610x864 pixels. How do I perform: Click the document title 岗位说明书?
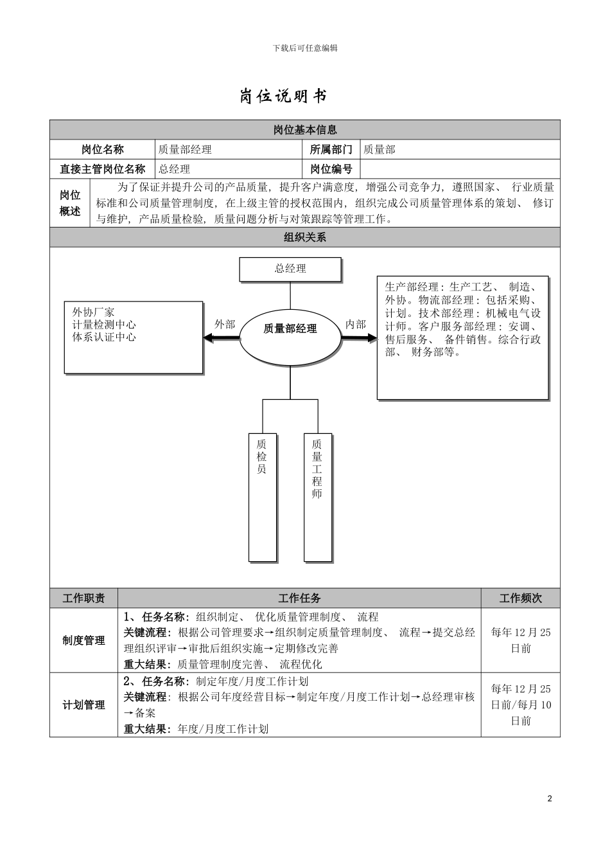point(283,96)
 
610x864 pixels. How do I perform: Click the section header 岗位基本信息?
point(305,130)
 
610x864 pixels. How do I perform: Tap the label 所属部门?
point(331,150)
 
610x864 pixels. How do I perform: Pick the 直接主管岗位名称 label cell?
point(103,169)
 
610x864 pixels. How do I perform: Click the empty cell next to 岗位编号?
point(459,169)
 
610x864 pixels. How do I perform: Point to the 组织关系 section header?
point(305,237)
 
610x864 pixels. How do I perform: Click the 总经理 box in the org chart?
point(290,269)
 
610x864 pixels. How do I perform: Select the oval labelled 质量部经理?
point(290,328)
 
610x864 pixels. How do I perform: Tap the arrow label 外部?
point(225,325)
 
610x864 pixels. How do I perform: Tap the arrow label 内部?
point(355,325)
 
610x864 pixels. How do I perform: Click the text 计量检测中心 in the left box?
point(104,325)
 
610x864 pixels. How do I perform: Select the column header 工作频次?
point(520,598)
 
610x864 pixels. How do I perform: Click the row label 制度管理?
point(83,641)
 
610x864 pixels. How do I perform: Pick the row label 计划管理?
point(83,705)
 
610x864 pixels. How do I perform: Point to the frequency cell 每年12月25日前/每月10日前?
point(520,705)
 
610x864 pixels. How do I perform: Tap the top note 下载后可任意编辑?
point(305,48)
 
